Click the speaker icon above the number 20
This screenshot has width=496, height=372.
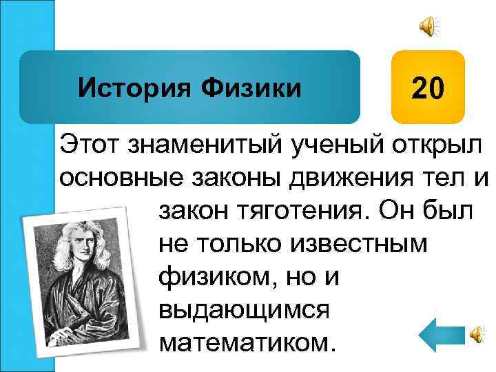428,27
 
